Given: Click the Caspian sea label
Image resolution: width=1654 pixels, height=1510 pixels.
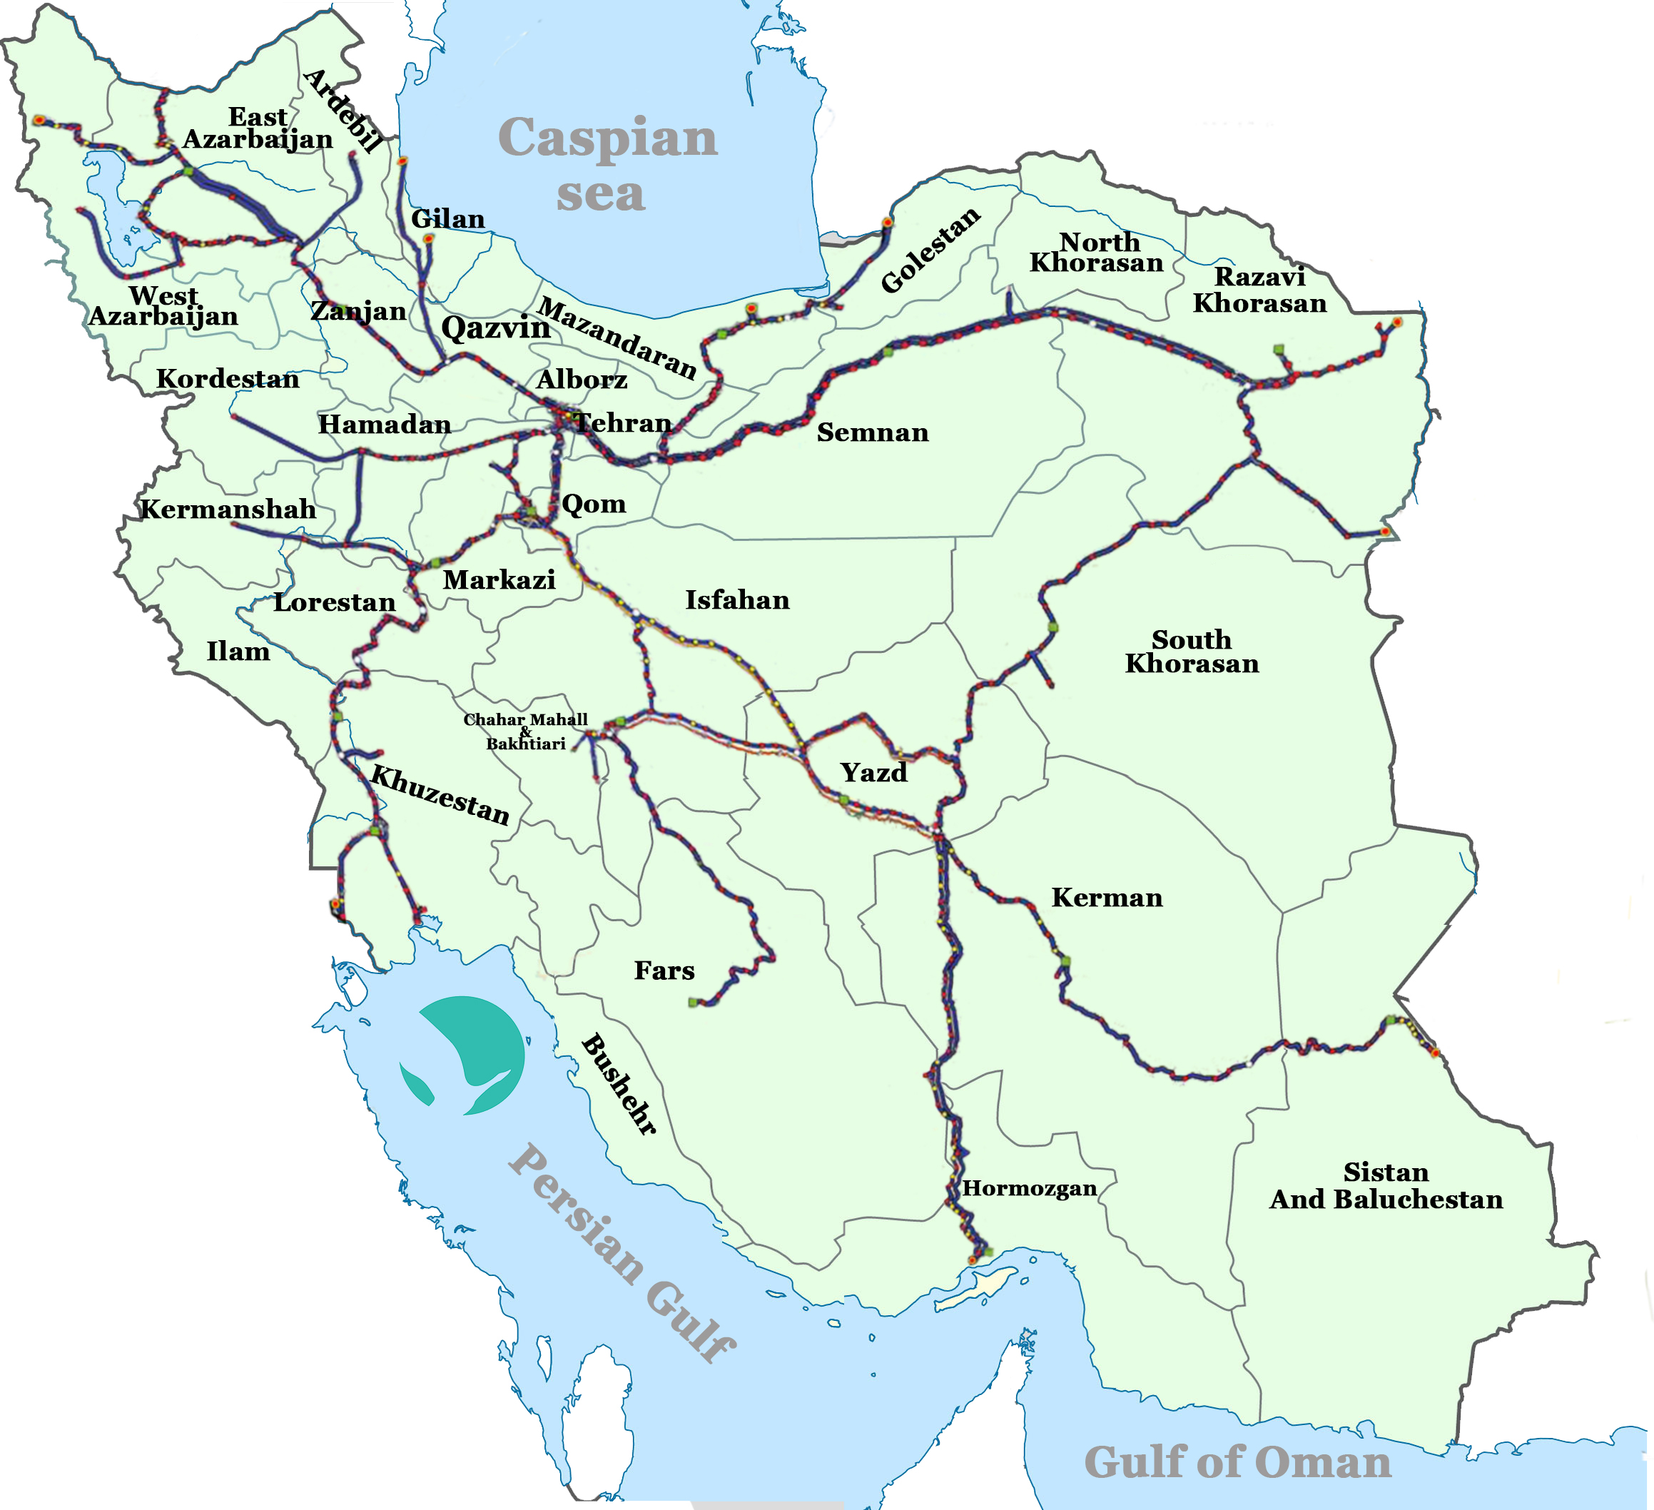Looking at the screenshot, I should tap(607, 164).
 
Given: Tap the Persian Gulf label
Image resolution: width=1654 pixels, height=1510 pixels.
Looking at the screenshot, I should tap(621, 1253).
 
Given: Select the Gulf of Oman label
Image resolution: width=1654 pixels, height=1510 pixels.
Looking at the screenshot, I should tap(1237, 1462).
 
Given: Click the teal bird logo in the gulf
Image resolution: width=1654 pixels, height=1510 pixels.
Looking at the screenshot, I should tap(465, 1055).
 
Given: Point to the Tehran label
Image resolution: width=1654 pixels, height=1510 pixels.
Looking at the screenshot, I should tap(624, 422).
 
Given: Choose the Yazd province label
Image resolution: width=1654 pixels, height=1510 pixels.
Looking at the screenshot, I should tap(874, 772).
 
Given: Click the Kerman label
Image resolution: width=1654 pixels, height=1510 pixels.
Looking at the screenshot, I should tap(1107, 897).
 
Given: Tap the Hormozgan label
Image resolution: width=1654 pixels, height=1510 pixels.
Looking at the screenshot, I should tap(1030, 1188).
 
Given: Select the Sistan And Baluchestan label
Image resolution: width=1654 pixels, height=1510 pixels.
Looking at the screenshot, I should tap(1386, 1186).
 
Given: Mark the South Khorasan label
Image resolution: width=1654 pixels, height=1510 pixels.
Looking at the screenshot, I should tap(1192, 651).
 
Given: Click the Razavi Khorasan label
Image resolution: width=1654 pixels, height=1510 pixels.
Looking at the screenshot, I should tap(1259, 290).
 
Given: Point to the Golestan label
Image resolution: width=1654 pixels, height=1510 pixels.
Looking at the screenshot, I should tap(930, 250).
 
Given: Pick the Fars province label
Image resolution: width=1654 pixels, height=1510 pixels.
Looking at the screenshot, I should tap(664, 971).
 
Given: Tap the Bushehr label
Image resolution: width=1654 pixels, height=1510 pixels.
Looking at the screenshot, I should tap(619, 1083).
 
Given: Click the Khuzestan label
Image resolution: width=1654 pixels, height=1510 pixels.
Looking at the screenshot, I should tap(440, 794).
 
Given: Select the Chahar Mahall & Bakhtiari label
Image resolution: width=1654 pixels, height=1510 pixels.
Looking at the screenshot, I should tap(525, 731).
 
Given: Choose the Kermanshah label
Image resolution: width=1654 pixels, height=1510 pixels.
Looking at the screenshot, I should tap(228, 509).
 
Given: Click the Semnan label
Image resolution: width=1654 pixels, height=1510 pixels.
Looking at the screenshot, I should tap(872, 432).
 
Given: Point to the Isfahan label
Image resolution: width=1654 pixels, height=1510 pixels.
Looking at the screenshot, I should tap(737, 600).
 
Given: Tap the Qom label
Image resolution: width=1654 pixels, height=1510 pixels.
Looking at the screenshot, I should tap(593, 503).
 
